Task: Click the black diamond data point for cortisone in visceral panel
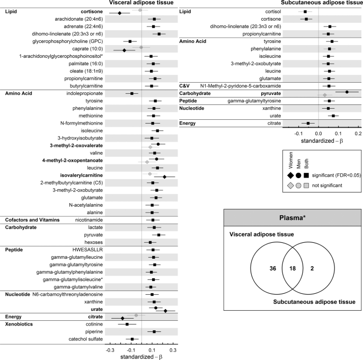pyautogui.click(x=120, y=12)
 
